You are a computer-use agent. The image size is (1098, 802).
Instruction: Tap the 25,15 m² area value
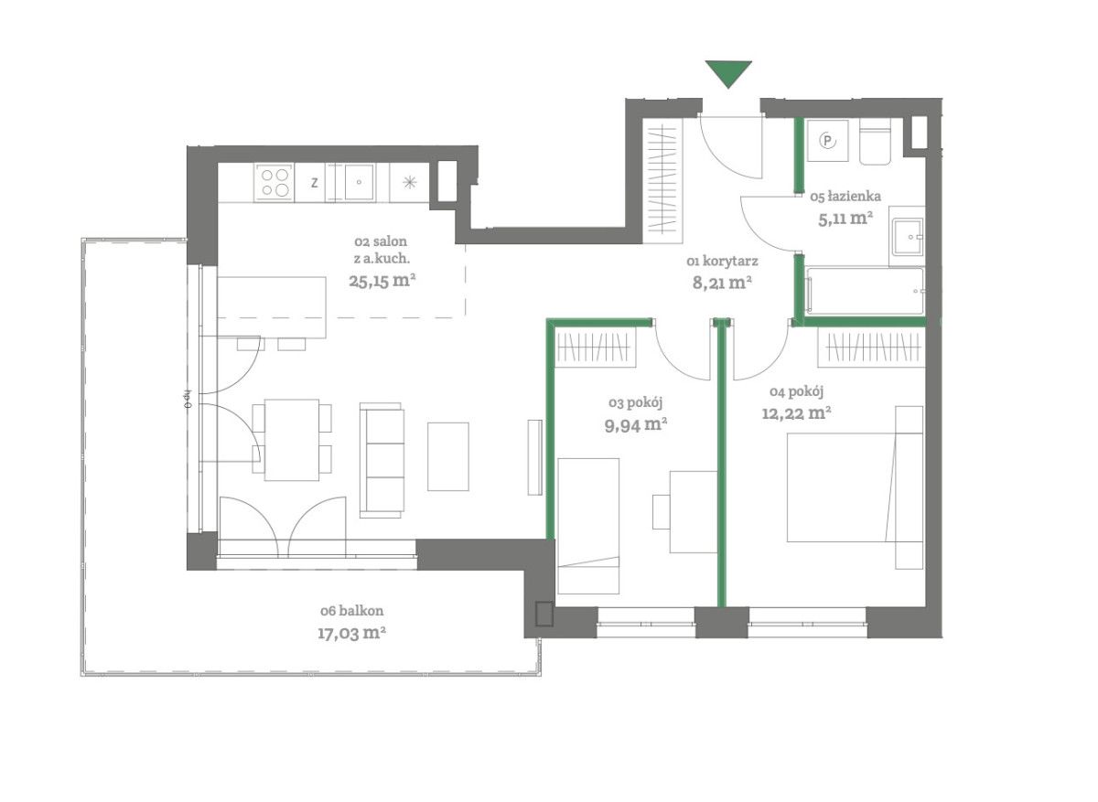click(382, 282)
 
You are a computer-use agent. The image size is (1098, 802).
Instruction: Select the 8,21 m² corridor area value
click(722, 283)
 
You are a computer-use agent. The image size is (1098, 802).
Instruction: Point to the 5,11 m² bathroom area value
click(845, 219)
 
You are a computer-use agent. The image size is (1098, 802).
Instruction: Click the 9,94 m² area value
click(636, 424)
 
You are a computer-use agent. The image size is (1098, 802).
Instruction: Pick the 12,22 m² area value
click(796, 413)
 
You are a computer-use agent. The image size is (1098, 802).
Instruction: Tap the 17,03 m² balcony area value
click(351, 634)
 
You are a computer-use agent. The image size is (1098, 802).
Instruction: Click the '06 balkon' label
click(352, 611)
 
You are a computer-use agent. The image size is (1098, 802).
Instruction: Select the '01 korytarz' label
click(723, 262)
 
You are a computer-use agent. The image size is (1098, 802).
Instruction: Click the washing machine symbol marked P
click(827, 141)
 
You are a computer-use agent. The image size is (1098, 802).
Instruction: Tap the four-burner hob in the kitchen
click(274, 182)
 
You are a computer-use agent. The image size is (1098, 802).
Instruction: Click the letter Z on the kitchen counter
click(314, 183)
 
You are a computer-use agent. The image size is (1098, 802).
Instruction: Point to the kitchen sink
click(359, 182)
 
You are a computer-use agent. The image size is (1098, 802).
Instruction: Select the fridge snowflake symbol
click(409, 183)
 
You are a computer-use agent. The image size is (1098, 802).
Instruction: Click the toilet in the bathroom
click(875, 143)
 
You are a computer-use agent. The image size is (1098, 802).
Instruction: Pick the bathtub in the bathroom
click(866, 291)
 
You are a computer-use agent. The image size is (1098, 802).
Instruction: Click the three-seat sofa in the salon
click(382, 460)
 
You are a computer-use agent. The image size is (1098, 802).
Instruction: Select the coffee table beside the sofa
click(448, 456)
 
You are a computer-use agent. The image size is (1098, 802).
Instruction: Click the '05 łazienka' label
click(845, 197)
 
